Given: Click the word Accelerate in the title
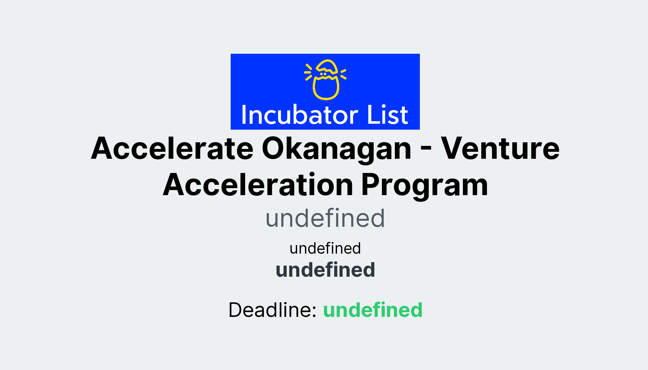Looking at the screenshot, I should point(172,148).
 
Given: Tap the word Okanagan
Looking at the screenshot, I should point(336,148).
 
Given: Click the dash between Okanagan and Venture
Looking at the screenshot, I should point(426,150).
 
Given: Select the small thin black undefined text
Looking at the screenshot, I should point(325,248).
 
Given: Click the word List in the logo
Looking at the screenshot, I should point(387,115).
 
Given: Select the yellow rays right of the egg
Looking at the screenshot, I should point(343,74).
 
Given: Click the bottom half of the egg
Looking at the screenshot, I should point(326,89).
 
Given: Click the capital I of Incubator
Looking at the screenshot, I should point(244,115).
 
